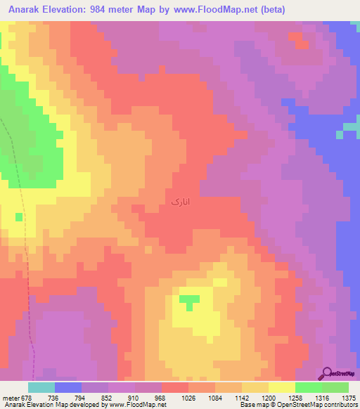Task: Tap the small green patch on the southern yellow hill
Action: tap(188, 301)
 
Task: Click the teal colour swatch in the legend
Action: tap(41, 387)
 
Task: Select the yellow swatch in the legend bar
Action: tap(282, 387)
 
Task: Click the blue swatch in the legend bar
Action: tap(68, 387)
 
